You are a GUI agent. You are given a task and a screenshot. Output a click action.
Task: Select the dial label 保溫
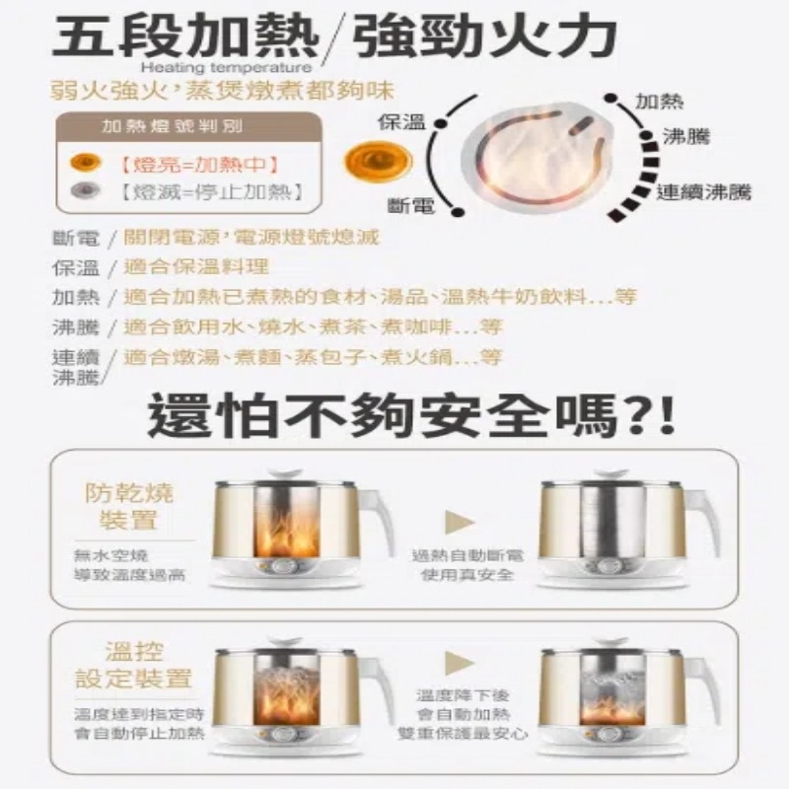(402, 122)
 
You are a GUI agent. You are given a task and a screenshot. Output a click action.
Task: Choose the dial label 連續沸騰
(703, 191)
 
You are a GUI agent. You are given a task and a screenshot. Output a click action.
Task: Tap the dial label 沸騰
(686, 137)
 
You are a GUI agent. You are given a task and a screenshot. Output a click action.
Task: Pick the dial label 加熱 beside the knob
(659, 102)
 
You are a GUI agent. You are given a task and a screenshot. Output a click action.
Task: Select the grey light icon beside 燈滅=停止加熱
(85, 190)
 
